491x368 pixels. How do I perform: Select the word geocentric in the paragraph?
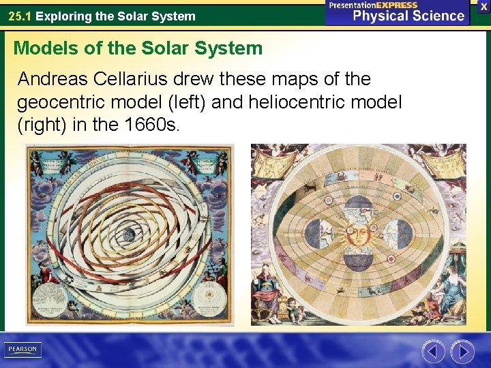pos(63,103)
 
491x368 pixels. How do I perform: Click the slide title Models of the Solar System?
pos(138,48)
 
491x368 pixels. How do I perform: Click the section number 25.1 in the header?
pos(20,16)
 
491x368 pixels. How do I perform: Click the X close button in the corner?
pos(483,6)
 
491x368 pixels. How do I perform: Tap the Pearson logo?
pos(23,350)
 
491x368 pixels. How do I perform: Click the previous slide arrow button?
pos(432,352)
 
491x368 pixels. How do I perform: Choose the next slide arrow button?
pos(462,352)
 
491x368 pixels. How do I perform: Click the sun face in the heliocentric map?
pos(358,234)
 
